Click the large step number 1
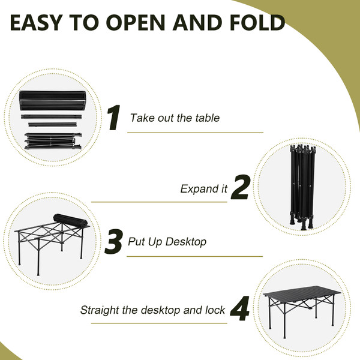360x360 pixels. click(x=114, y=118)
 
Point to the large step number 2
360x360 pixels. click(x=240, y=188)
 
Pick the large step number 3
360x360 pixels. click(x=114, y=241)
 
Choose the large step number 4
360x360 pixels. click(x=240, y=310)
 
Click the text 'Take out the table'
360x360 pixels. click(x=175, y=118)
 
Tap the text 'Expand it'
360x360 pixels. click(x=204, y=189)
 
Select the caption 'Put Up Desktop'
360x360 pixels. click(x=167, y=242)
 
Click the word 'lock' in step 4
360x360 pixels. click(x=214, y=311)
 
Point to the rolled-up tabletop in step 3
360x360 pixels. click(x=70, y=220)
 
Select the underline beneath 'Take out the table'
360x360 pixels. click(x=196, y=133)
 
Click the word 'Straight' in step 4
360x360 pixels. click(x=100, y=311)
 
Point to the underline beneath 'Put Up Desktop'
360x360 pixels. click(x=196, y=257)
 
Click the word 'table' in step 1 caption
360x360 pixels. click(x=207, y=118)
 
